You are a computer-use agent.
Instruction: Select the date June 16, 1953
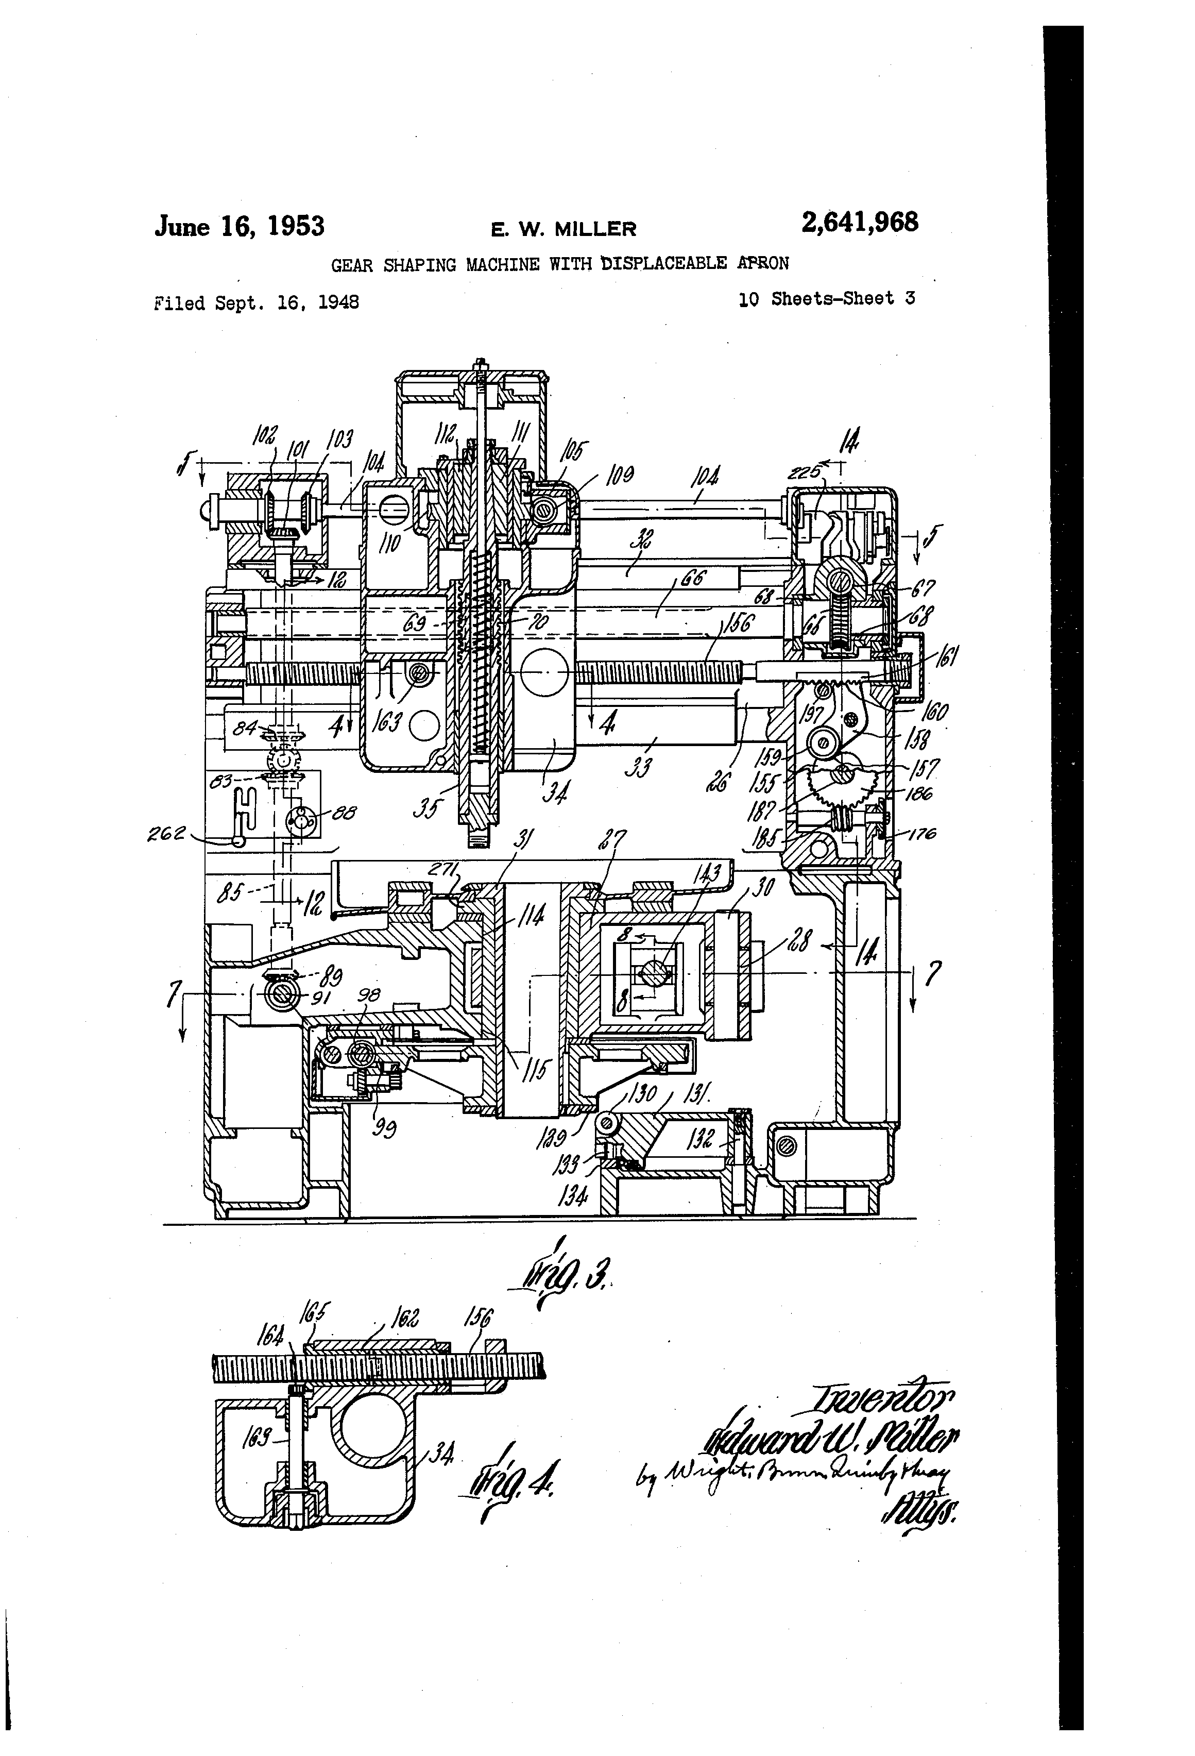[240, 226]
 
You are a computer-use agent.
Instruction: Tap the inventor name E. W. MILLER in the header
[564, 229]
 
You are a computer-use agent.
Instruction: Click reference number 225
[803, 473]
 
